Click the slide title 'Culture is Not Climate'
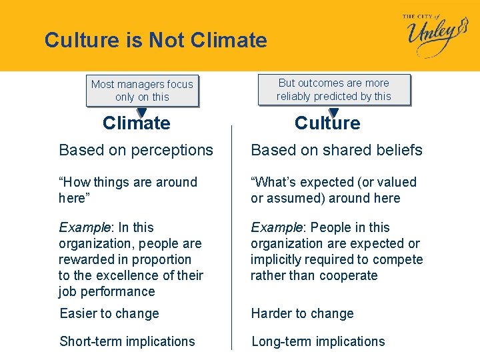155,41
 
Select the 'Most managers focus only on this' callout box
142,91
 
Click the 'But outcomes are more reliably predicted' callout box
334,89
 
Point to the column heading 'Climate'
137,123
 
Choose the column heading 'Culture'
327,123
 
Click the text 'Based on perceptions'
136,151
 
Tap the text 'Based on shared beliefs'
337,151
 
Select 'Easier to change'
109,313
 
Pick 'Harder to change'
302,313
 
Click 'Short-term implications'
127,341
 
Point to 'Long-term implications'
318,341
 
